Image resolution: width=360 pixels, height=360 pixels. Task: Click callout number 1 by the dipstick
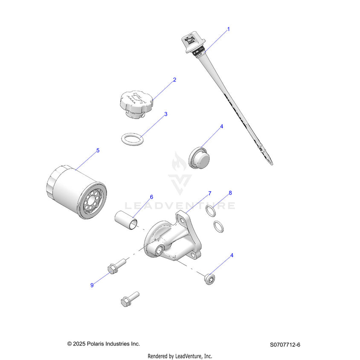click(x=228, y=29)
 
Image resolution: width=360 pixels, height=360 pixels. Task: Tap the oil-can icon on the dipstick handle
click(x=190, y=40)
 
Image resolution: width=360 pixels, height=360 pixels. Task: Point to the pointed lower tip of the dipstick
click(x=272, y=164)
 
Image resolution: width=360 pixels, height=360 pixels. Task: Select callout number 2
click(x=174, y=80)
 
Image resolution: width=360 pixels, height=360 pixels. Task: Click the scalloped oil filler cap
click(x=136, y=105)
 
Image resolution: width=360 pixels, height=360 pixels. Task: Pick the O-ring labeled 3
click(x=132, y=139)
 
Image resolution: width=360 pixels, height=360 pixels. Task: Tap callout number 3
click(x=166, y=114)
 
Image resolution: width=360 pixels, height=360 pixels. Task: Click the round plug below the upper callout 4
click(x=199, y=158)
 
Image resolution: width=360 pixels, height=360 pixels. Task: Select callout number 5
click(x=98, y=151)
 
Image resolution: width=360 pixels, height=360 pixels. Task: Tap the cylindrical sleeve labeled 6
click(x=126, y=221)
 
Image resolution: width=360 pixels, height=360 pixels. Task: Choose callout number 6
click(x=151, y=197)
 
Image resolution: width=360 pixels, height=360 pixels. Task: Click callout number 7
click(x=209, y=193)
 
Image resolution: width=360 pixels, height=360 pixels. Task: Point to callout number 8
click(x=230, y=193)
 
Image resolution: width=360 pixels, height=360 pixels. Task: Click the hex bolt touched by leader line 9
click(x=116, y=266)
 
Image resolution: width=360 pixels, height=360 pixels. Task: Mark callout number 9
click(x=92, y=285)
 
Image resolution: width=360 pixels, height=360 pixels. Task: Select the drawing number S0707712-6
click(x=285, y=345)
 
